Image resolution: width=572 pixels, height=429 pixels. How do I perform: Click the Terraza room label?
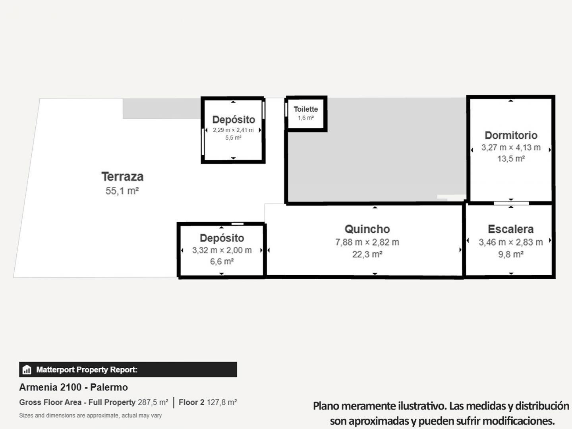coord(122,176)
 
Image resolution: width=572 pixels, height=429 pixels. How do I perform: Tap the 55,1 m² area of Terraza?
coord(122,191)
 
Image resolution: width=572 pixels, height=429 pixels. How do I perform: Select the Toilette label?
coord(305,109)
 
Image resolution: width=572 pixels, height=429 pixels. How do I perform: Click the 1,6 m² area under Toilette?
coord(305,118)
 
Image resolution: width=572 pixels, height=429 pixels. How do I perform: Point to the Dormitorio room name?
coord(511,135)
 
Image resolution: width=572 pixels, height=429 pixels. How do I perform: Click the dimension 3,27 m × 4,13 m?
coord(511,147)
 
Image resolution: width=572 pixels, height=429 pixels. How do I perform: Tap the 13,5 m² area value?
coord(511,159)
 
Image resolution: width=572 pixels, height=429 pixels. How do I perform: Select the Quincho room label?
coord(367,229)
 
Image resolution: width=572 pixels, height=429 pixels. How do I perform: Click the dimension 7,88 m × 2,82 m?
coord(367,242)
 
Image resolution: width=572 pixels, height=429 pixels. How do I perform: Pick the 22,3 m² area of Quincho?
coord(367,254)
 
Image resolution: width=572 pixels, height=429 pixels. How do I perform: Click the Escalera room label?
coord(510,229)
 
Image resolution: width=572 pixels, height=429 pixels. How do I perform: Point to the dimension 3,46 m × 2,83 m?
coord(510,242)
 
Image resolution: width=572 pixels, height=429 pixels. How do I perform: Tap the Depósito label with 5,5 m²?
coord(234,120)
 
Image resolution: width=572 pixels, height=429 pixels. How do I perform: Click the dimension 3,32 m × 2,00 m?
coord(222,250)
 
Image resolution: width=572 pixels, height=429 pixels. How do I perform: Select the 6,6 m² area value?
coord(222,262)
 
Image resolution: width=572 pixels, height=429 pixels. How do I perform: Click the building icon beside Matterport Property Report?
coord(27,370)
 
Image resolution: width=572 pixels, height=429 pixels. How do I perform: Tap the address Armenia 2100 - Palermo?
coord(73,387)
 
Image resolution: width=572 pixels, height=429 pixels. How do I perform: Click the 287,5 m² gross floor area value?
coord(153,402)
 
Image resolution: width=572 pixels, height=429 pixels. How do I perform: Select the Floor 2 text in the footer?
coord(191,402)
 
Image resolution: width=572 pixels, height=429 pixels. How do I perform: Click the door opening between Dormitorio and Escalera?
coord(511,203)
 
